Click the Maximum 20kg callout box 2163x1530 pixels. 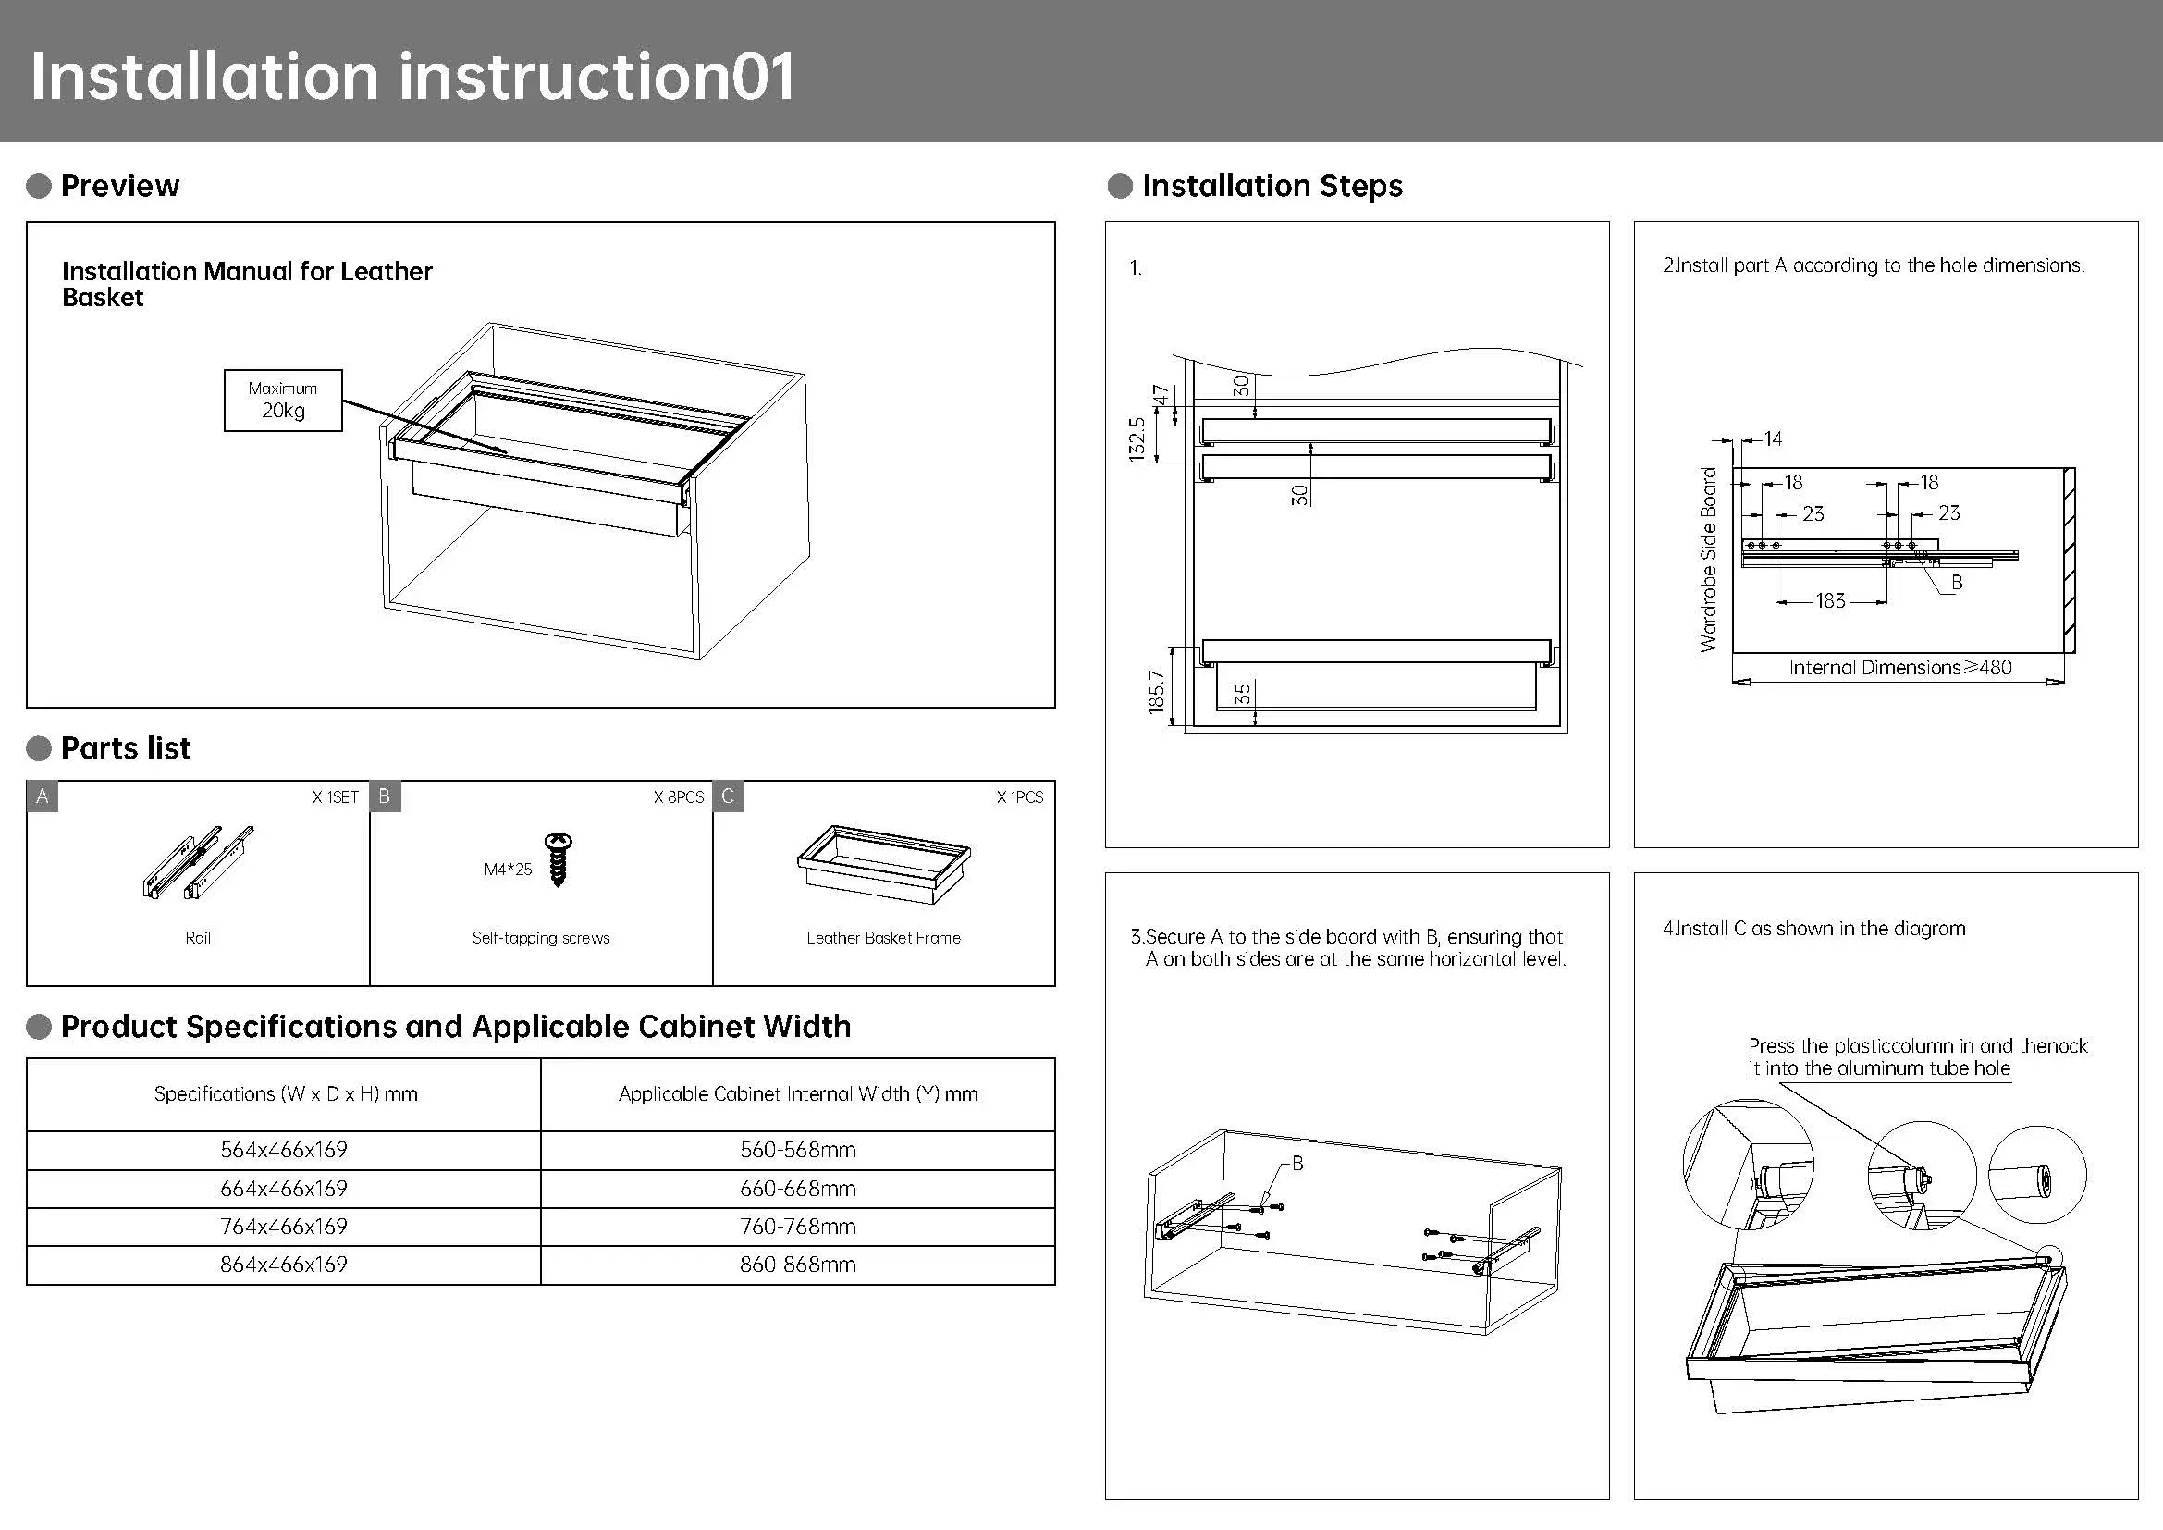pos(283,401)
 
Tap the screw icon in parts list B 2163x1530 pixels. pos(559,859)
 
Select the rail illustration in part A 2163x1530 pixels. pos(199,862)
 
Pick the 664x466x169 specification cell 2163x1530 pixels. pos(284,1189)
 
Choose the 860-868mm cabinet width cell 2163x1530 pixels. pos(798,1265)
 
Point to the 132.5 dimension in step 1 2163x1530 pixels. pos(1137,439)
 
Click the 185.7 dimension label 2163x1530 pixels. pos(1157,692)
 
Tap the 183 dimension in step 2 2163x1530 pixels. pos(1830,601)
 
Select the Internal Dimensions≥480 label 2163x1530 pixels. pos(1900,668)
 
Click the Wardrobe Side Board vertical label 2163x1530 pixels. pos(1708,560)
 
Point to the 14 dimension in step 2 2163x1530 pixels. pos(1773,439)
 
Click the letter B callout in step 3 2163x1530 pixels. pos(1297,1164)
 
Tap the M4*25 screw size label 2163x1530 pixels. pos(508,870)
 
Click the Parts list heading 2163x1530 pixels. pos(125,748)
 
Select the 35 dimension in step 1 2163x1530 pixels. pos(1243,695)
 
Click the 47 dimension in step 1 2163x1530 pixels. pos(1161,394)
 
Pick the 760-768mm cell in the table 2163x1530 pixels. pos(798,1227)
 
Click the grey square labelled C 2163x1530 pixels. pos(727,796)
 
